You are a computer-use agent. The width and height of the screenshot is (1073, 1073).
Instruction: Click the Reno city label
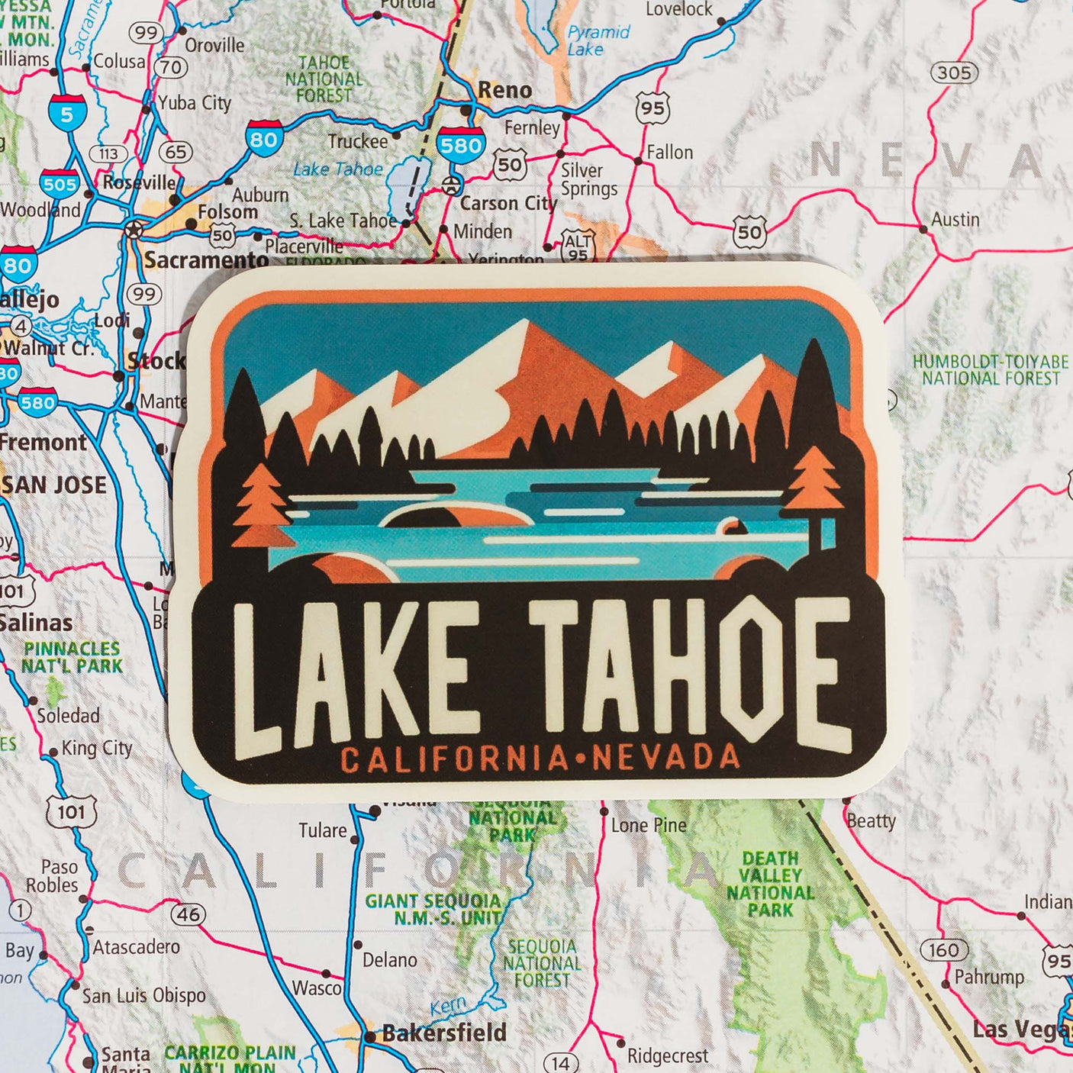tap(504, 90)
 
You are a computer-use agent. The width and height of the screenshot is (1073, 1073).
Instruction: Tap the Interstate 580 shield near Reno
tap(460, 144)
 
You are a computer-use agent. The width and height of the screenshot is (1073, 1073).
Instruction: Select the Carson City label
tap(508, 204)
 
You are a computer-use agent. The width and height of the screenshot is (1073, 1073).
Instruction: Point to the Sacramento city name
tap(207, 260)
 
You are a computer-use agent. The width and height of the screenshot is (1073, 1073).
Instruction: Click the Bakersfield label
tap(444, 1033)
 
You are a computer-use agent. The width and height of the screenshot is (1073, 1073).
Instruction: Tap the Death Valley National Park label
tap(770, 884)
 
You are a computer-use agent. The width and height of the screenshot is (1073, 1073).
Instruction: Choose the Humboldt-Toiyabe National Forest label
tap(991, 370)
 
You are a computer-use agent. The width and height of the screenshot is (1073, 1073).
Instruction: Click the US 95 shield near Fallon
tap(652, 108)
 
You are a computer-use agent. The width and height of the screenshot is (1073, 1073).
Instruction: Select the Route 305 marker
tap(954, 73)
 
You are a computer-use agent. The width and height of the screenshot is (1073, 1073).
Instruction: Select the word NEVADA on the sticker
tap(665, 757)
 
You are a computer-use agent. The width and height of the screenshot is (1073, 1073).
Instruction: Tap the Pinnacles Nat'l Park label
tap(72, 657)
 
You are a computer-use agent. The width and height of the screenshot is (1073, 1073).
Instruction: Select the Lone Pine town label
tap(649, 825)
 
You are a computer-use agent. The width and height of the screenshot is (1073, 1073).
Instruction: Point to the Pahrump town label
tap(989, 977)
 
